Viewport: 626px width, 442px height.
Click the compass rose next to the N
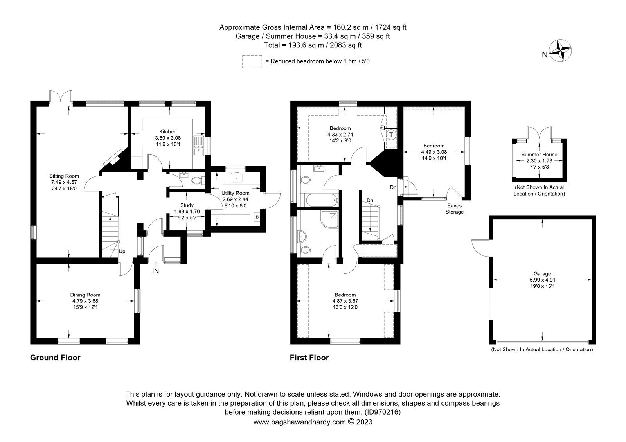pyautogui.click(x=561, y=50)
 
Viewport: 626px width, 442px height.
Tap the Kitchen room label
pyautogui.click(x=168, y=138)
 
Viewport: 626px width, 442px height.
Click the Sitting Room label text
pyautogui.click(x=64, y=182)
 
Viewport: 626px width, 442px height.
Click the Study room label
pyautogui.click(x=187, y=211)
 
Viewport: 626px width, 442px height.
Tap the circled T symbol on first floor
pyautogui.click(x=391, y=135)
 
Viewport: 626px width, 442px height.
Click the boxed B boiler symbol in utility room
pyautogui.click(x=257, y=217)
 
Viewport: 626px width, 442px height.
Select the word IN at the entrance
pyautogui.click(x=155, y=271)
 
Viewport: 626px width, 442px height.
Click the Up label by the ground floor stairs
pyautogui.click(x=122, y=252)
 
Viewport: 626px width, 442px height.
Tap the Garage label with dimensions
pyautogui.click(x=542, y=280)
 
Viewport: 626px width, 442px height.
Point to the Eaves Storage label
pyautogui.click(x=455, y=209)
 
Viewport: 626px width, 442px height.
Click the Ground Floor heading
pyautogui.click(x=55, y=358)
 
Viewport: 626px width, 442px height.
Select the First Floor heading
pyautogui.click(x=309, y=358)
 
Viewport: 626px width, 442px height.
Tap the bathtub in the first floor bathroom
pyautogui.click(x=320, y=201)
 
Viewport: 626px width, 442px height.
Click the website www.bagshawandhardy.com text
pyautogui.click(x=300, y=422)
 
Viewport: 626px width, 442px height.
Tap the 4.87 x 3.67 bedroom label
pyautogui.click(x=345, y=301)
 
